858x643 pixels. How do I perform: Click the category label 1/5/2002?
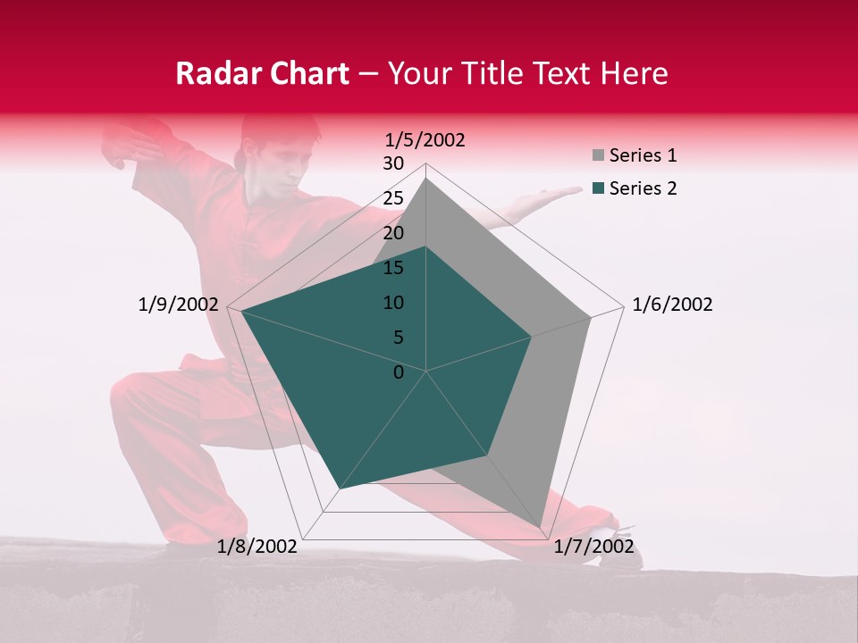[425, 139]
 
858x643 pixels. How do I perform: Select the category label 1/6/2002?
[672, 305]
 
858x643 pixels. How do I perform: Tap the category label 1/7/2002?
[593, 546]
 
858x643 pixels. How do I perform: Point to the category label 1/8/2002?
[257, 546]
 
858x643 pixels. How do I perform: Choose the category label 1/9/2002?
[179, 305]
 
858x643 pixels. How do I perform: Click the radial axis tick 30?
[393, 163]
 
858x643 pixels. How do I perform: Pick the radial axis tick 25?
[393, 198]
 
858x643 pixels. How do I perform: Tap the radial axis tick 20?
[393, 233]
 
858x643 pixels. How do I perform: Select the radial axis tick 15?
[393, 268]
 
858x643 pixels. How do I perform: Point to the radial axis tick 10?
[393, 303]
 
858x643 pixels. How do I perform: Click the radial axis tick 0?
[399, 372]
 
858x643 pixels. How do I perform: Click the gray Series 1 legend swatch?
[598, 156]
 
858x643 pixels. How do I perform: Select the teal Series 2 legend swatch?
[598, 188]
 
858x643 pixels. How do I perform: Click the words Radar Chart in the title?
[262, 73]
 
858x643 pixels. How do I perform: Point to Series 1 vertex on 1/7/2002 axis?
[542, 527]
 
